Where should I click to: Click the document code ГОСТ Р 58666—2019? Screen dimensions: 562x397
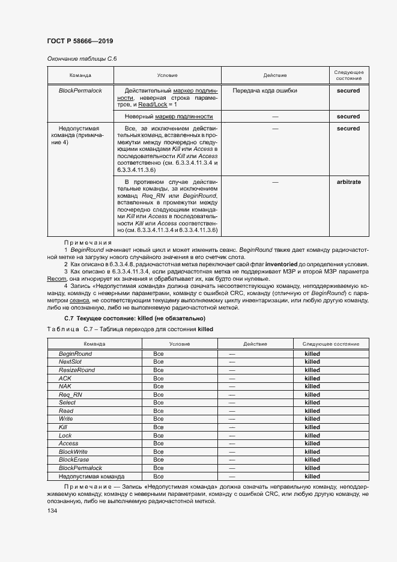coord(80,41)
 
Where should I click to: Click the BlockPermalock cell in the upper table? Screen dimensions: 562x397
coord(80,91)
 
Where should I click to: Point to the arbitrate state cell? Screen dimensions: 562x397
coord(348,182)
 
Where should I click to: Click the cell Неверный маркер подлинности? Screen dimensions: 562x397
coord(169,117)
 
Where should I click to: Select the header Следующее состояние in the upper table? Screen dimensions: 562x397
coord(348,75)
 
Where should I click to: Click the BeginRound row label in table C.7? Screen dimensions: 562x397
coord(75,354)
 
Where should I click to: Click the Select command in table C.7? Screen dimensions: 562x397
coord(67,403)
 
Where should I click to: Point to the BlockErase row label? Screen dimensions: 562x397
coord(73,460)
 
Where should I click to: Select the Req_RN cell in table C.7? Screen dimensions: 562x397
coord(70,395)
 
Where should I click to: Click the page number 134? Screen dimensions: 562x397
coord(52,510)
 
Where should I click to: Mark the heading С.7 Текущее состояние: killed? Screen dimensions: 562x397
coord(135,318)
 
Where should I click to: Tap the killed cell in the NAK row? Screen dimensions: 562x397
coord(312,386)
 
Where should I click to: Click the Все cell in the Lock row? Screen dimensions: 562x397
coord(159,435)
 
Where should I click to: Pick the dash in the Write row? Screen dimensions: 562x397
coord(232,419)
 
